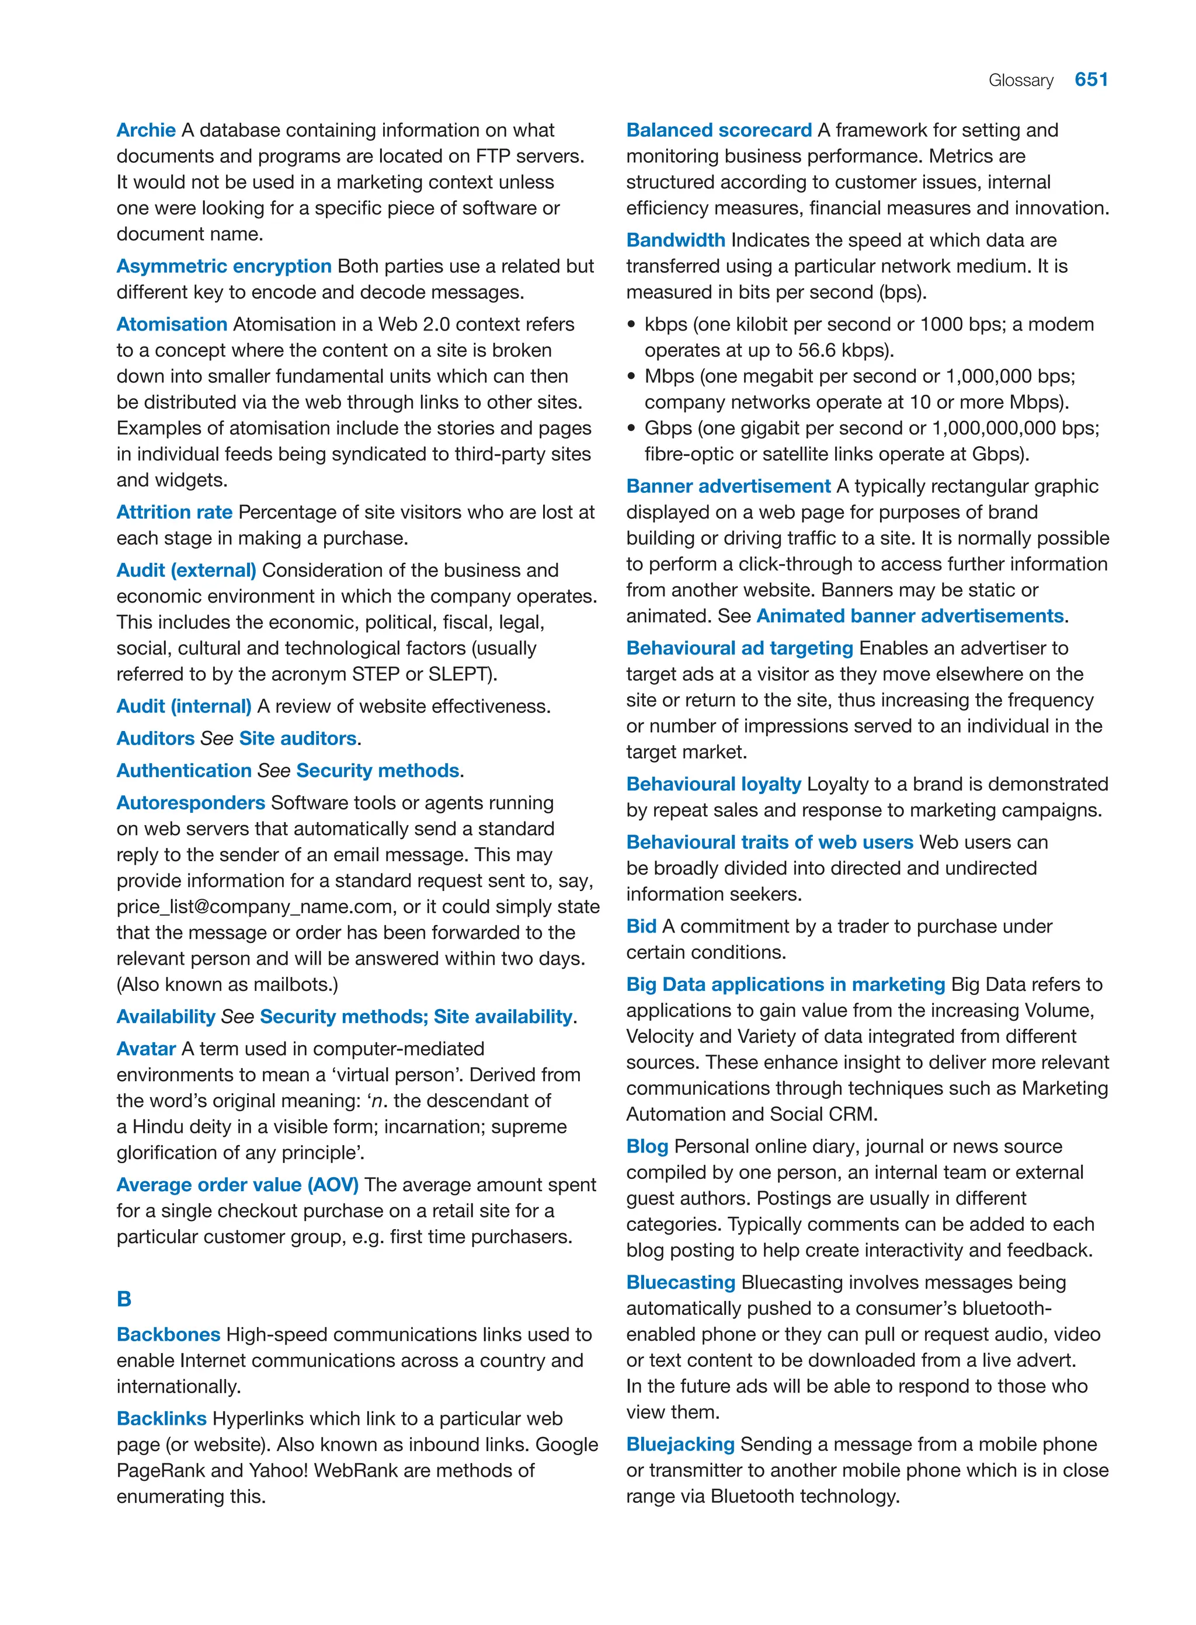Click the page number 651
pyautogui.click(x=1091, y=79)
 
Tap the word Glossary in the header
pyautogui.click(x=1020, y=81)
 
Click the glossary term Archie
pyautogui.click(x=145, y=130)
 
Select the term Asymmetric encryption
pyautogui.click(x=224, y=266)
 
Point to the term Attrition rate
pyautogui.click(x=175, y=513)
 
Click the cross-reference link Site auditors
pyautogui.click(x=298, y=738)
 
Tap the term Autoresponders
pyautogui.click(x=190, y=803)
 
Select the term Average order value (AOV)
pyautogui.click(x=238, y=1185)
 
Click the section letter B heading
pyautogui.click(x=124, y=1299)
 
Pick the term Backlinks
pyautogui.click(x=161, y=1419)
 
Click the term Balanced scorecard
pyautogui.click(x=718, y=130)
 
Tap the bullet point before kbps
pyautogui.click(x=631, y=325)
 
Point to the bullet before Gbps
pyautogui.click(x=631, y=429)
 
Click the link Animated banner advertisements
pyautogui.click(x=909, y=616)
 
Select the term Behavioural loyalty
pyautogui.click(x=713, y=784)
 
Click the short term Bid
pyautogui.click(x=641, y=927)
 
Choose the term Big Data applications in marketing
pyautogui.click(x=785, y=984)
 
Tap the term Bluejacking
pyautogui.click(x=680, y=1444)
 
